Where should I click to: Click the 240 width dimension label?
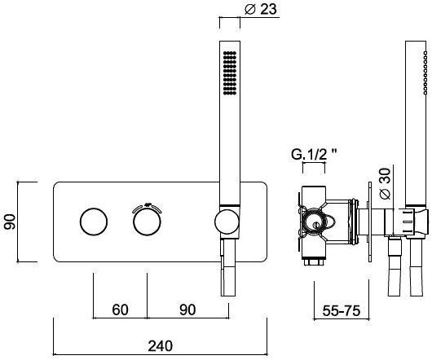click(x=160, y=346)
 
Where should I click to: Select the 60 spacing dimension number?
click(x=120, y=310)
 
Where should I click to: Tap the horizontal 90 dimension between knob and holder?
click(x=187, y=310)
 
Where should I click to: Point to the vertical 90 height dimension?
click(x=10, y=222)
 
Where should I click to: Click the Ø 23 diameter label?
click(x=261, y=9)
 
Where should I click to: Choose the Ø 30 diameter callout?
click(x=385, y=183)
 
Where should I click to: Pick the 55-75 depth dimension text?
click(x=341, y=311)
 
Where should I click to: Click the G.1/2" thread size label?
click(x=315, y=155)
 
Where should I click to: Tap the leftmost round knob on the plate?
click(x=94, y=222)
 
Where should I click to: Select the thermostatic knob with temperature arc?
click(x=147, y=222)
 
